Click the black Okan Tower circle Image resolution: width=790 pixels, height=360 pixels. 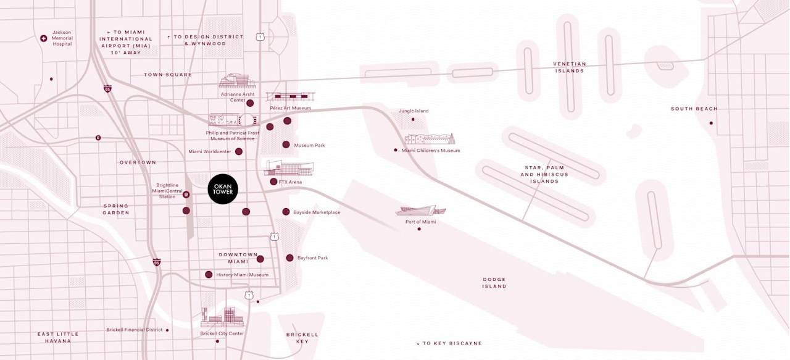(222, 188)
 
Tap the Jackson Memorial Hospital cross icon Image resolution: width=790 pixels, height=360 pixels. (44, 38)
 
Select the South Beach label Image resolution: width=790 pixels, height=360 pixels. (694, 109)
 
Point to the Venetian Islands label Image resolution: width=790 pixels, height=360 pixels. (570, 67)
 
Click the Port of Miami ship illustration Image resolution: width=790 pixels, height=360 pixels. (420, 211)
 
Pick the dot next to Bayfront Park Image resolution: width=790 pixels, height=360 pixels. (289, 257)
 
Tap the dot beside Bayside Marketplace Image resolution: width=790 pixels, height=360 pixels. (286, 212)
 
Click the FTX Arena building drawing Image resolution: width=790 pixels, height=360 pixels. (289, 168)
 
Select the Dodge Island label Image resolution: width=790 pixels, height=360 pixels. (494, 283)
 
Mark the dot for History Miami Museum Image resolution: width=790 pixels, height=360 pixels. (209, 274)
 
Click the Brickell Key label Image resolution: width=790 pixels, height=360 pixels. (302, 338)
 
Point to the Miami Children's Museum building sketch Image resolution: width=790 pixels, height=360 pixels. (430, 139)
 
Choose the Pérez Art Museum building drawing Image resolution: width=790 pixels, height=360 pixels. (290, 97)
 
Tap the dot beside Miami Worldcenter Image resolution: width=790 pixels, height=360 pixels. (239, 151)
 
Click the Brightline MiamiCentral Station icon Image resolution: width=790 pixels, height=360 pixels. (186, 195)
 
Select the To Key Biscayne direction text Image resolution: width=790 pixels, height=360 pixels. (449, 343)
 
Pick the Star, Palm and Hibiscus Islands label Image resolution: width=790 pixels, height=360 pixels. (544, 174)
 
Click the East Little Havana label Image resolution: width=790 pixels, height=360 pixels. (58, 337)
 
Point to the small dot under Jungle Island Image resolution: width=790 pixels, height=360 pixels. (413, 119)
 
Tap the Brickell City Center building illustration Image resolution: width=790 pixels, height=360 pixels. (222, 317)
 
